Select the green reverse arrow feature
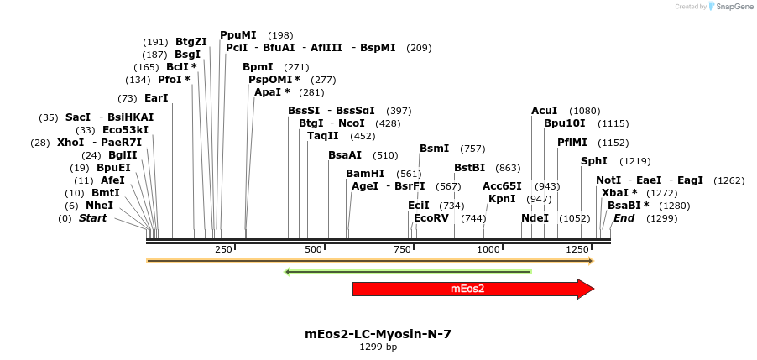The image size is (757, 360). pos(408,272)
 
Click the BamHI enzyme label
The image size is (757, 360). pos(365,174)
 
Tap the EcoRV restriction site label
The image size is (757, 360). pos(432,218)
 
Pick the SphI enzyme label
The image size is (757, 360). pos(594,161)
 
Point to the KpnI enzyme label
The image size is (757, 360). pos(502,200)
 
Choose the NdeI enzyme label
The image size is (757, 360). pos(535,218)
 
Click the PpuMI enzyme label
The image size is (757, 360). pos(238,35)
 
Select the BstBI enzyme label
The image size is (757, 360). pos(470,168)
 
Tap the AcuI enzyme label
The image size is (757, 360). pos(545,111)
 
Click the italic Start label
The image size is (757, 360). pos(93,218)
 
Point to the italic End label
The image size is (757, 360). pos(624,218)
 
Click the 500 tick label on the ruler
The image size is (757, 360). pos(314,250)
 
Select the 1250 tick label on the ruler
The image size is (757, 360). pos(577,250)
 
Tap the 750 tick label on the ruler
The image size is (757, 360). pos(401,250)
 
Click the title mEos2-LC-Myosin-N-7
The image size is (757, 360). pos(378,334)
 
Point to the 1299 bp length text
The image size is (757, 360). pos(378,347)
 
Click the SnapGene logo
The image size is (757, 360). pos(728,7)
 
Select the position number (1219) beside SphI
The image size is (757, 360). pos(635,161)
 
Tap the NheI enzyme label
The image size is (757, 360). pos(99,206)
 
